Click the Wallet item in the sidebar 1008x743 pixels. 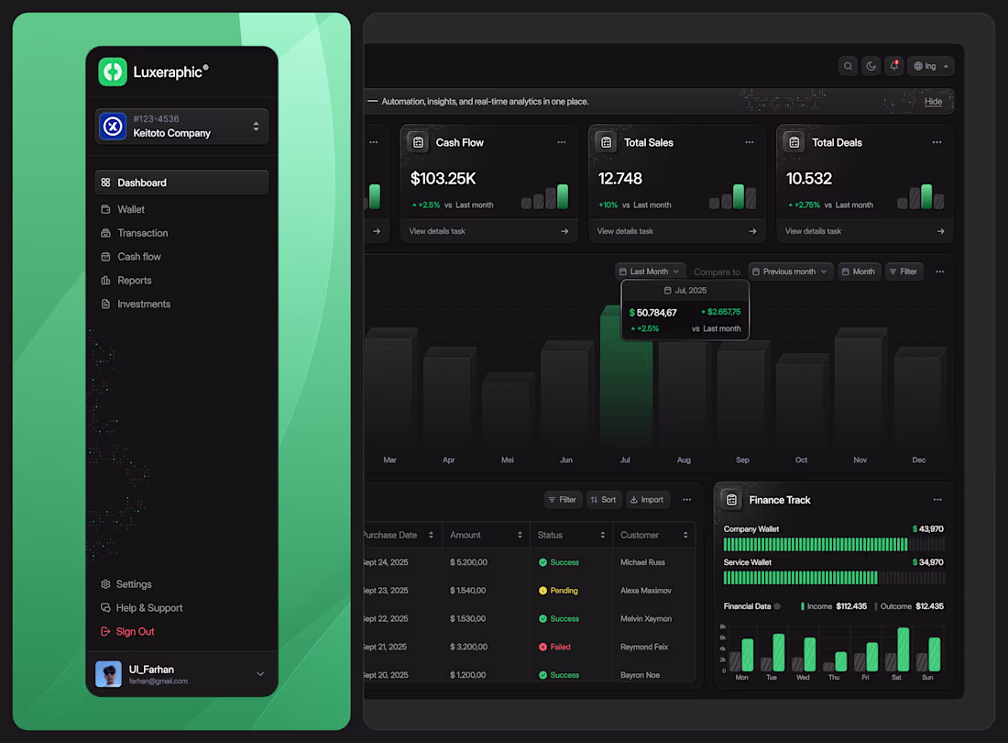pos(131,209)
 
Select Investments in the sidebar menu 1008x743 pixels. pos(144,304)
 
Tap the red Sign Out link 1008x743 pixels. pos(135,631)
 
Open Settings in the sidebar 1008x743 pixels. pos(133,584)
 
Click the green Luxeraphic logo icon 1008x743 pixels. pos(113,72)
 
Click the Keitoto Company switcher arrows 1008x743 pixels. pos(256,127)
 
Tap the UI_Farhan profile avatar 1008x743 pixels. pos(108,674)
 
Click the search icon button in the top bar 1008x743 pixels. pos(849,66)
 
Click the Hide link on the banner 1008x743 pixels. pos(933,101)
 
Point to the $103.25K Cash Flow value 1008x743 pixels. pos(444,178)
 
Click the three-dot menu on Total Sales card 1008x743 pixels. pos(750,142)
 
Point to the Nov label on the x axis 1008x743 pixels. pos(860,460)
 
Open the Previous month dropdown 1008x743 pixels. pos(791,272)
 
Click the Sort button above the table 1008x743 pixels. pos(604,500)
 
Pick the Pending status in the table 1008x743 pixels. pos(564,591)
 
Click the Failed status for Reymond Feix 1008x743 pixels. pos(560,647)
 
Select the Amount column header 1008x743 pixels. pos(466,535)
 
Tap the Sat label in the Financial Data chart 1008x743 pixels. pos(897,677)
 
